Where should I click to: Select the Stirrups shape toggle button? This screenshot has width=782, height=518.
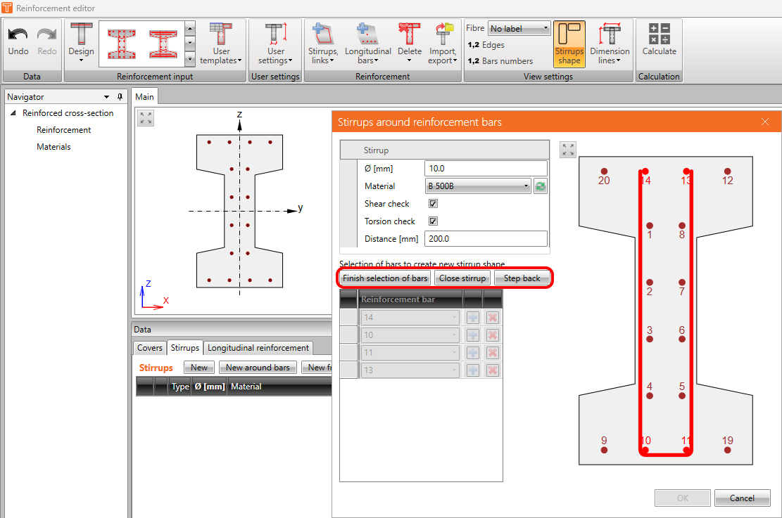pos(569,44)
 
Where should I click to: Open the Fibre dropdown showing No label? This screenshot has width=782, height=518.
pos(519,28)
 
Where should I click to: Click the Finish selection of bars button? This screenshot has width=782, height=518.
pos(385,278)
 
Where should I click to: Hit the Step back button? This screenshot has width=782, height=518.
pos(522,278)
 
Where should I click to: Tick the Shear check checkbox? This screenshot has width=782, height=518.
pos(433,203)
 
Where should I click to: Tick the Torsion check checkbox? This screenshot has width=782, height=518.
pos(433,221)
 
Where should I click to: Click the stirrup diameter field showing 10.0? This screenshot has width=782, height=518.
pos(486,169)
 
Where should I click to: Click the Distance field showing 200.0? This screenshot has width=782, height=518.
pos(486,238)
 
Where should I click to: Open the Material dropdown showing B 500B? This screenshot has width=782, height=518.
pos(478,186)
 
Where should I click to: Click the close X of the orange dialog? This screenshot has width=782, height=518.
pos(765,122)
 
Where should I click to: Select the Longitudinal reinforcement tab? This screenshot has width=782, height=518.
pos(258,348)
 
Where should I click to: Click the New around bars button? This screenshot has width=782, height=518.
pos(258,368)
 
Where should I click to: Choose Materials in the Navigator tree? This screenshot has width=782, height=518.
pos(53,146)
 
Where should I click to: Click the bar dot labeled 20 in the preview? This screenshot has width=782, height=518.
pos(604,171)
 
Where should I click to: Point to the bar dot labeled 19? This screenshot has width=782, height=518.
pos(728,451)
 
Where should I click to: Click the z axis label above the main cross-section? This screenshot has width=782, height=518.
pos(239,115)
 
